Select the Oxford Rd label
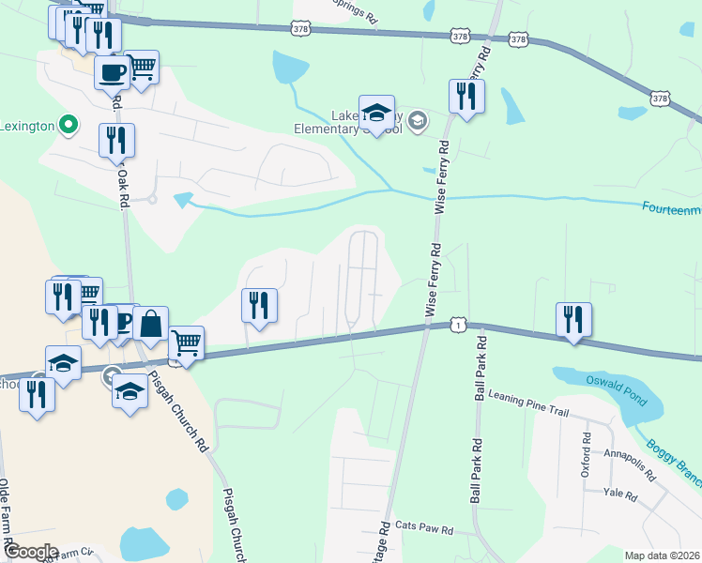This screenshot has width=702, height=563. pos(586,455)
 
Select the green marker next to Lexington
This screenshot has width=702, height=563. pos(68,124)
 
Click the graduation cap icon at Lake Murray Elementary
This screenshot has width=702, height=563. pos(376,114)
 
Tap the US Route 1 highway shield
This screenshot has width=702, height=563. pos(456,323)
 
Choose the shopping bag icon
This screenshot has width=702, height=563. pos(150,324)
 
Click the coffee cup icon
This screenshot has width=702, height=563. pos(112,71)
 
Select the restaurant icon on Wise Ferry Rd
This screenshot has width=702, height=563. pos(465,95)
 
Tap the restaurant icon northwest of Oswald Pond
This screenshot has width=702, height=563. pos(572,319)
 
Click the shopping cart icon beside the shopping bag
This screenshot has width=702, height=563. pos(186,343)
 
